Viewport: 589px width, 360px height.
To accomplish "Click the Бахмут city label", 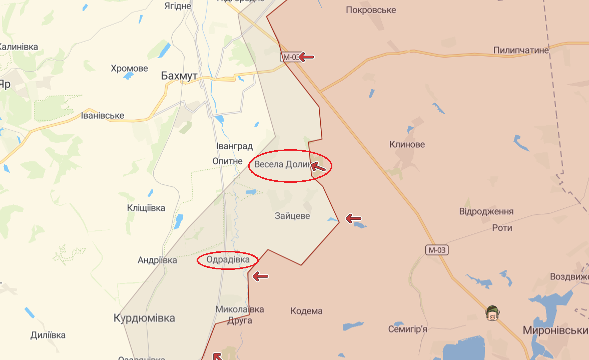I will (x=179, y=76).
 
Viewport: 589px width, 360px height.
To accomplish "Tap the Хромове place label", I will (x=129, y=69).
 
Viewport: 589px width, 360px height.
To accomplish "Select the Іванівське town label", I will (x=103, y=116).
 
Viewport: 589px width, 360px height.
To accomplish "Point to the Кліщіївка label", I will (x=146, y=208).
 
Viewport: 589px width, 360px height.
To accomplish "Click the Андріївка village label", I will (x=157, y=260).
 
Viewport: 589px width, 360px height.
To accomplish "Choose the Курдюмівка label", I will (x=144, y=318).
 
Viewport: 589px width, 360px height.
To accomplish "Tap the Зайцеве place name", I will (x=292, y=216).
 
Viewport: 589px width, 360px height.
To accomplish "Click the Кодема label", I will (x=306, y=311).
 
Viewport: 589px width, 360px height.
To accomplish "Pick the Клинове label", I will (x=407, y=145).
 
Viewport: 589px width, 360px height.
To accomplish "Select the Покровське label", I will (x=371, y=10).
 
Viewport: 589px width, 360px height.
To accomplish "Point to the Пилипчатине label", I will (x=521, y=50).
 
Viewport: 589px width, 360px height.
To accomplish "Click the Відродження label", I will (x=486, y=211).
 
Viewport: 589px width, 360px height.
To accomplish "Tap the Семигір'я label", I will (x=407, y=329).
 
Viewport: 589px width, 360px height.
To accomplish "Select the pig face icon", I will (x=492, y=314).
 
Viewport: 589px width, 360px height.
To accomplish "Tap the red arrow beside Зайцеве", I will (x=353, y=218).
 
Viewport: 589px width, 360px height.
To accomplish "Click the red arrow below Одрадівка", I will (x=260, y=276).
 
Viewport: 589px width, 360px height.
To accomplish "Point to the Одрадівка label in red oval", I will (x=228, y=260).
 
